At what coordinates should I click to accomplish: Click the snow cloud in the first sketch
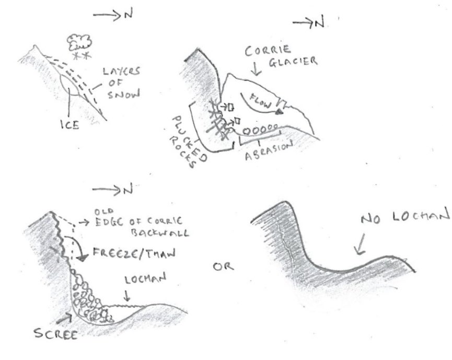pyautogui.click(x=80, y=41)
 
